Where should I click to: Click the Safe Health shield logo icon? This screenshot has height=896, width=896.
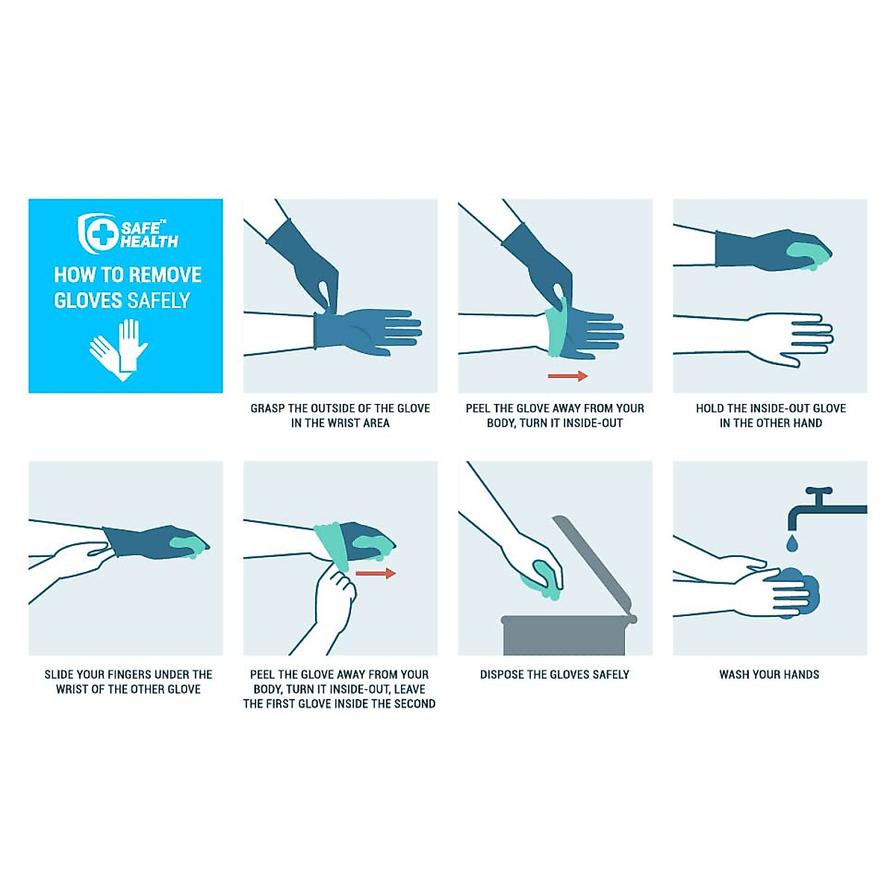tap(98, 233)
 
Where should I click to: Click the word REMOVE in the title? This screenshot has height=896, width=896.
tap(165, 275)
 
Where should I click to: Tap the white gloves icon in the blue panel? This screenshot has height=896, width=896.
tap(119, 349)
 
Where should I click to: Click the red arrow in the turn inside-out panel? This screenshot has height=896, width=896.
tap(567, 376)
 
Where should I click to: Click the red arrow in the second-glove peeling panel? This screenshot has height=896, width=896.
tap(375, 573)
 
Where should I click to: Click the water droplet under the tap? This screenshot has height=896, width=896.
tap(792, 543)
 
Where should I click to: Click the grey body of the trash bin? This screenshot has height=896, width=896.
tap(564, 636)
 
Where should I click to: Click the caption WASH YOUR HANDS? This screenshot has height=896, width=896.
tap(769, 674)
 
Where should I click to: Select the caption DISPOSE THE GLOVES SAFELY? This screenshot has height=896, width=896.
tap(555, 674)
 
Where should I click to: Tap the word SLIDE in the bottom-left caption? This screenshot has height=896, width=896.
tap(59, 674)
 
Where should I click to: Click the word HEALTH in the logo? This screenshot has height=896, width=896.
tap(149, 242)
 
